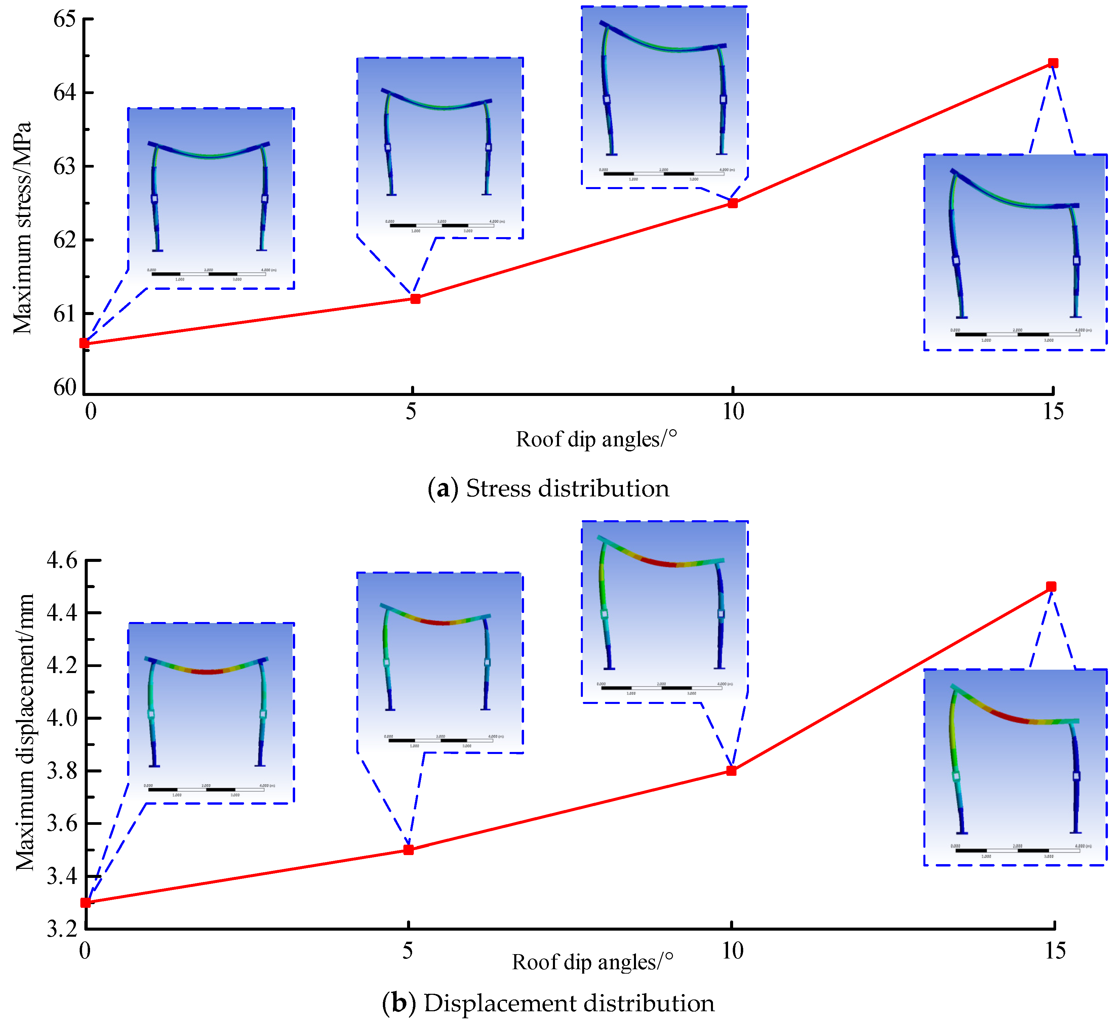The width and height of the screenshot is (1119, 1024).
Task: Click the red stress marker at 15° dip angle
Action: click(1053, 63)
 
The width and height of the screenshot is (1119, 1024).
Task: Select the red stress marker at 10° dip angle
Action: click(733, 204)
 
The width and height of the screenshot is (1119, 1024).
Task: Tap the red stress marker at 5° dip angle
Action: click(415, 299)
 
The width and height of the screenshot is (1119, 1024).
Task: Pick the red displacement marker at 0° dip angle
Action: click(85, 902)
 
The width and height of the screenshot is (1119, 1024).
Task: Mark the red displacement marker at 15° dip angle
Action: click(1051, 586)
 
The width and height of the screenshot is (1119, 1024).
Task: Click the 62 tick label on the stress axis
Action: click(65, 240)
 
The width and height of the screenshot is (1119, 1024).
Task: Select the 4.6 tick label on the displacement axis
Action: click(62, 560)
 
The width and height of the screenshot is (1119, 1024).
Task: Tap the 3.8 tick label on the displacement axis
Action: click(62, 771)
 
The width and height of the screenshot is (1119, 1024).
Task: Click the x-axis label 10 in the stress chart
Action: click(733, 412)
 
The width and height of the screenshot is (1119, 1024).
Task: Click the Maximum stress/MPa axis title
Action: click(22, 227)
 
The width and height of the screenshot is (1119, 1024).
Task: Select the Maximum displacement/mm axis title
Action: click(25, 732)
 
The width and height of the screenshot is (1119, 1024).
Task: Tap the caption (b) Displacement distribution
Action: click(548, 1003)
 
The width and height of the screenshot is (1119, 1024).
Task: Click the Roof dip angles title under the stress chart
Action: click(597, 439)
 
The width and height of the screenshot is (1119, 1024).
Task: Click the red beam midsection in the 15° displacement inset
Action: click(1010, 718)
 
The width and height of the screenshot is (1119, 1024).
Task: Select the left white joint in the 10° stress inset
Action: click(607, 99)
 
